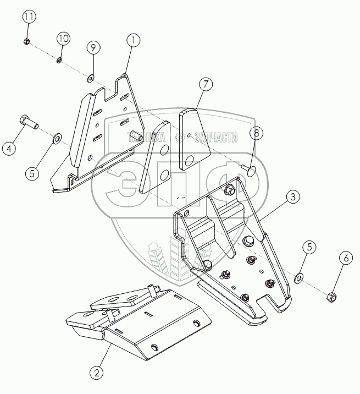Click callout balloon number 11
point(29,17)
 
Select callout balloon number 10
point(63,39)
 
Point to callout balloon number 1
point(132,40)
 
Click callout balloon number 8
point(256,133)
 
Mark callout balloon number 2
point(97,373)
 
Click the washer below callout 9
point(91,77)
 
